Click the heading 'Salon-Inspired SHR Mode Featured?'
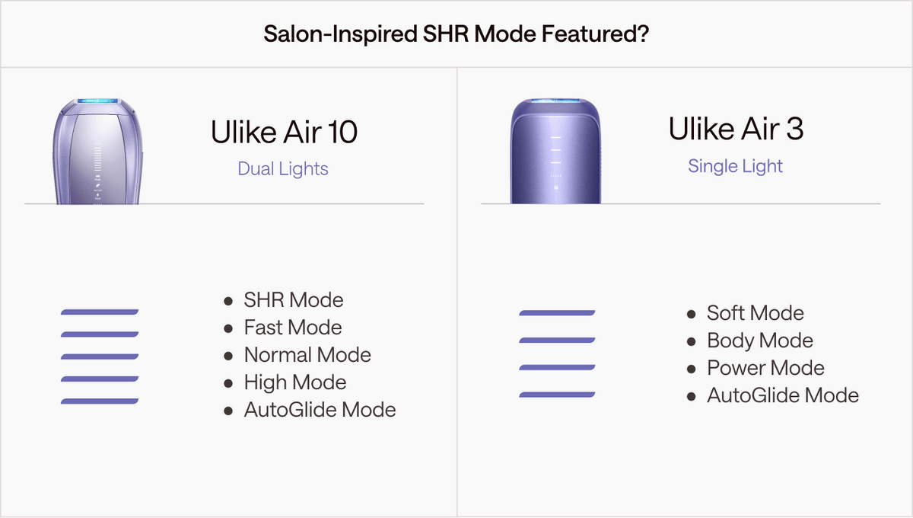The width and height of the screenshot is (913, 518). pos(456,34)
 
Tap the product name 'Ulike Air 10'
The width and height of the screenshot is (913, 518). pos(284,133)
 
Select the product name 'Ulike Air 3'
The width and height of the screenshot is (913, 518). pos(736,129)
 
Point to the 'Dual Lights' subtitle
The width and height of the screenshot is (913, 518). pos(283,168)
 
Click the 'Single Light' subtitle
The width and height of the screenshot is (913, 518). pos(735,166)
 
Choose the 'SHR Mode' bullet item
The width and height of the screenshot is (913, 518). pos(293,300)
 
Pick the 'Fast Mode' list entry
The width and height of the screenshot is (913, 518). pos(292,328)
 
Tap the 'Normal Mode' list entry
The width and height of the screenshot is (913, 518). pos(307,355)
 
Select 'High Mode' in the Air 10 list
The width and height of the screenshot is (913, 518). pos(294,382)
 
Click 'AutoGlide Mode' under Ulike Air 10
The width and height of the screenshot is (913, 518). pos(320,410)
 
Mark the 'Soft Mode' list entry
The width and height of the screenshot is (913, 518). pos(755,313)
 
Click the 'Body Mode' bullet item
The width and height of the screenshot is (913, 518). pos(759,341)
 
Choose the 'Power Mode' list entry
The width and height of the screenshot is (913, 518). pos(765,368)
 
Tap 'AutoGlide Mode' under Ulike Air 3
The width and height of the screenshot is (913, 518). pos(782,395)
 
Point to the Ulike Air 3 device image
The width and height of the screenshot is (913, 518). pos(555,152)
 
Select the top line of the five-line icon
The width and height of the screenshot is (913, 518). pos(100,312)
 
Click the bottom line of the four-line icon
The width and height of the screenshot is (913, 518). pos(557,395)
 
